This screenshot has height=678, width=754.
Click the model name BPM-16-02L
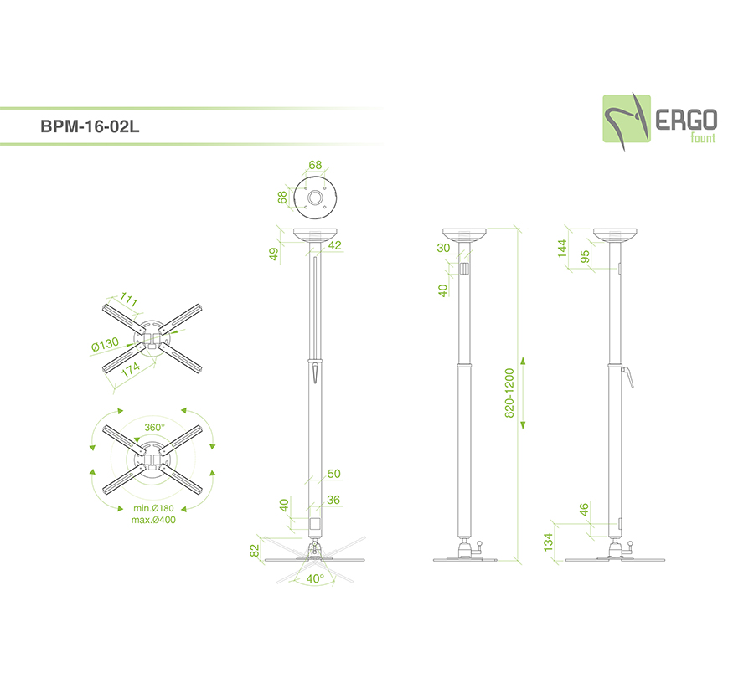point(90,126)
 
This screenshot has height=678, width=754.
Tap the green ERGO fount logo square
point(627,119)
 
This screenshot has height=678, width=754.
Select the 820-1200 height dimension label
point(509,393)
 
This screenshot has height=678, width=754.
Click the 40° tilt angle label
point(316,578)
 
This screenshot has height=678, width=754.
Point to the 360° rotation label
point(154,427)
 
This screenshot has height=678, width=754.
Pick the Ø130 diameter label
point(105,345)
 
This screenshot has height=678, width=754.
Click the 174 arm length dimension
point(131,369)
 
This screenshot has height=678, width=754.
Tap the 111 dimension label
point(128,299)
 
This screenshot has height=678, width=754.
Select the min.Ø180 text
point(153,508)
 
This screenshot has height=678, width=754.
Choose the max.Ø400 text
point(153,520)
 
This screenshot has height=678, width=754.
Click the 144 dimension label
point(562,249)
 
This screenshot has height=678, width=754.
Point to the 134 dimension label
point(548,542)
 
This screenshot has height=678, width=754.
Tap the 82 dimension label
point(255,551)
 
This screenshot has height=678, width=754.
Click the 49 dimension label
point(274,254)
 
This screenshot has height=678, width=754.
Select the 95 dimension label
point(585,257)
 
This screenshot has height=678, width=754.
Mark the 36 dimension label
point(333,500)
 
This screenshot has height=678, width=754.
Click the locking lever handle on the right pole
point(628,378)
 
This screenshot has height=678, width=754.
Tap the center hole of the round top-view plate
point(316,198)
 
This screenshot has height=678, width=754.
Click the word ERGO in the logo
point(686,120)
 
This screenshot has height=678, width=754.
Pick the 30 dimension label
point(443,248)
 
